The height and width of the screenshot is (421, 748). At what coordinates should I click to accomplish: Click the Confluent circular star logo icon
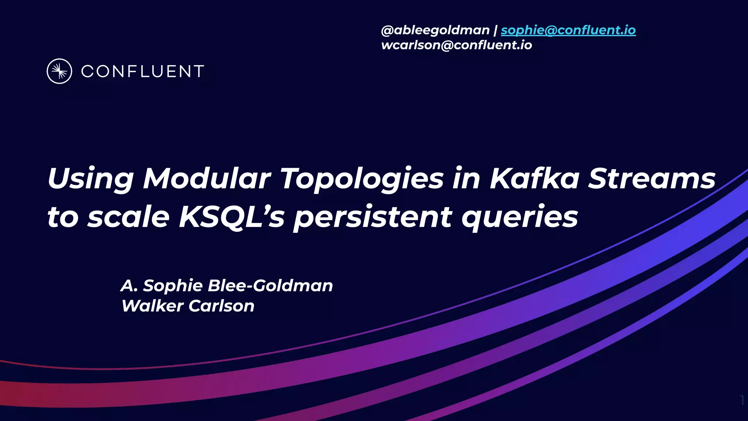[x=60, y=71]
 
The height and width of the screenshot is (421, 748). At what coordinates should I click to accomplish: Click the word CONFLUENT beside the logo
[x=142, y=72]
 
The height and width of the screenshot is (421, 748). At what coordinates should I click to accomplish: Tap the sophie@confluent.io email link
[x=568, y=30]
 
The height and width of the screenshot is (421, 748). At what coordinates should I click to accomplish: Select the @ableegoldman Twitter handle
[x=435, y=30]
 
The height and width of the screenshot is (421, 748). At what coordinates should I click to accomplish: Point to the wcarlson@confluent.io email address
[x=457, y=45]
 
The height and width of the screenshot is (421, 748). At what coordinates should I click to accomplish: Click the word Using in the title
[x=90, y=179]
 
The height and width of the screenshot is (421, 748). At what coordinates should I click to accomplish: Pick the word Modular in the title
[x=207, y=178]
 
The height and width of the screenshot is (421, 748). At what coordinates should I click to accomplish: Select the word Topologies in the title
[x=362, y=179]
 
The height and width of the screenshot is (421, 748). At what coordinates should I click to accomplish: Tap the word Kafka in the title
[x=534, y=178]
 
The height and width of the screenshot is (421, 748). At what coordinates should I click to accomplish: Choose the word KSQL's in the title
[x=232, y=217]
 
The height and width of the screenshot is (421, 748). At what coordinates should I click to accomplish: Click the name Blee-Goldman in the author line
[x=270, y=285]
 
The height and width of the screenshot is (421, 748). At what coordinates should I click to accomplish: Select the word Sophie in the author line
[x=173, y=285]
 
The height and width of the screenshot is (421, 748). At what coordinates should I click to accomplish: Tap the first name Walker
[x=152, y=306]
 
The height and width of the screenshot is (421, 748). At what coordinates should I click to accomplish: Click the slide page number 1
[x=742, y=401]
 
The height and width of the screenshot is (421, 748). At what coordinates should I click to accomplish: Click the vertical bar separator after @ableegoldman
[x=495, y=30]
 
